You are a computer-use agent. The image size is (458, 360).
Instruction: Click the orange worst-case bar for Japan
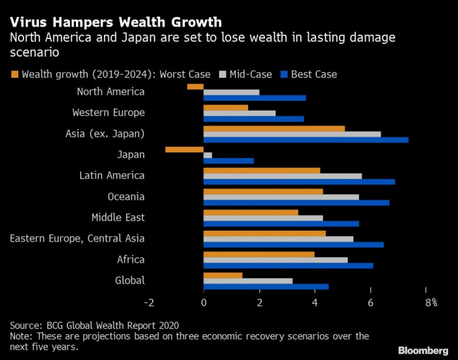[x=184, y=149]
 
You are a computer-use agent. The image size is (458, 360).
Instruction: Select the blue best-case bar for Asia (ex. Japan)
[x=306, y=140]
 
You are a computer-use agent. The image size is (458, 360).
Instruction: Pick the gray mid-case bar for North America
[x=231, y=92]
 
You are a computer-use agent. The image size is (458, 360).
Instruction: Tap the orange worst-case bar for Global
[x=223, y=275]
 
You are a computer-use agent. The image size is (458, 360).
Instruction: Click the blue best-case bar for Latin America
[x=299, y=182]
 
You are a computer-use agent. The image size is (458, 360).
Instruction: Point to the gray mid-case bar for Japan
[x=208, y=155]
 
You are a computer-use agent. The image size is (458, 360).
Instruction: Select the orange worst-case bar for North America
[x=196, y=86]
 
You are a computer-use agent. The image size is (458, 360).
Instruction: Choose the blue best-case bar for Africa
[x=288, y=265]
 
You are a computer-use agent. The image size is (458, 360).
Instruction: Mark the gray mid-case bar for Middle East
[x=263, y=218]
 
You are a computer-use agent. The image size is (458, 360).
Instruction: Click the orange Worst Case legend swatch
[x=14, y=74]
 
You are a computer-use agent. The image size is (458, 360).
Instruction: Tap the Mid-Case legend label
[x=251, y=74]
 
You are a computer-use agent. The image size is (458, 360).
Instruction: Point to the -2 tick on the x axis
[x=149, y=302]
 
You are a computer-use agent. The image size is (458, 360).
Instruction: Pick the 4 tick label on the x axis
[x=315, y=302]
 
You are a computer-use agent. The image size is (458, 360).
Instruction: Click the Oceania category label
[x=126, y=197]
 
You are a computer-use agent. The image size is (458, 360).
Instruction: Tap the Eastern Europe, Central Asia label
[x=77, y=239]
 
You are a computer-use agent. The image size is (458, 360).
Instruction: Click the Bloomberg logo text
[x=423, y=351]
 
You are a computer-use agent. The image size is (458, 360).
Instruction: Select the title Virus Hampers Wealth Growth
[x=116, y=23]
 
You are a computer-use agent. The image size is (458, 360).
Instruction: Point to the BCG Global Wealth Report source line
[x=95, y=324]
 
